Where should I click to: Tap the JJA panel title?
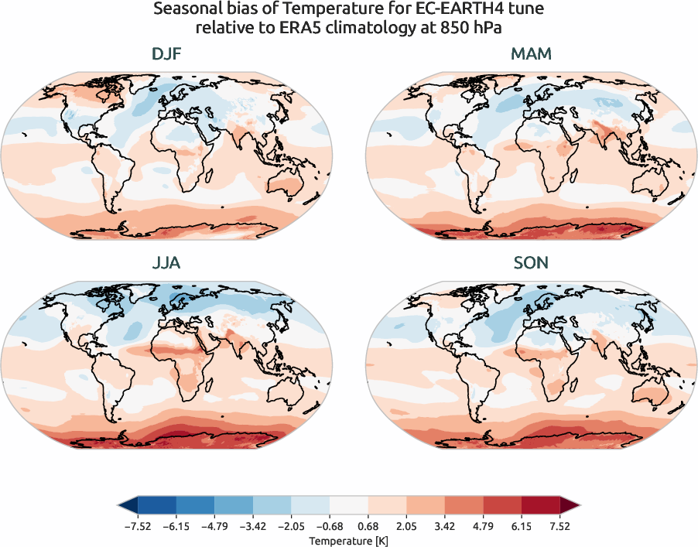168,263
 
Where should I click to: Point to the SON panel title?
531,263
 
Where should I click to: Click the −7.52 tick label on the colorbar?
138,526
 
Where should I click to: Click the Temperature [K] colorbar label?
349,539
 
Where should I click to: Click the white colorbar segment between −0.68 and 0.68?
349,506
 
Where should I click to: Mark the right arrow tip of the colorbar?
577,506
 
